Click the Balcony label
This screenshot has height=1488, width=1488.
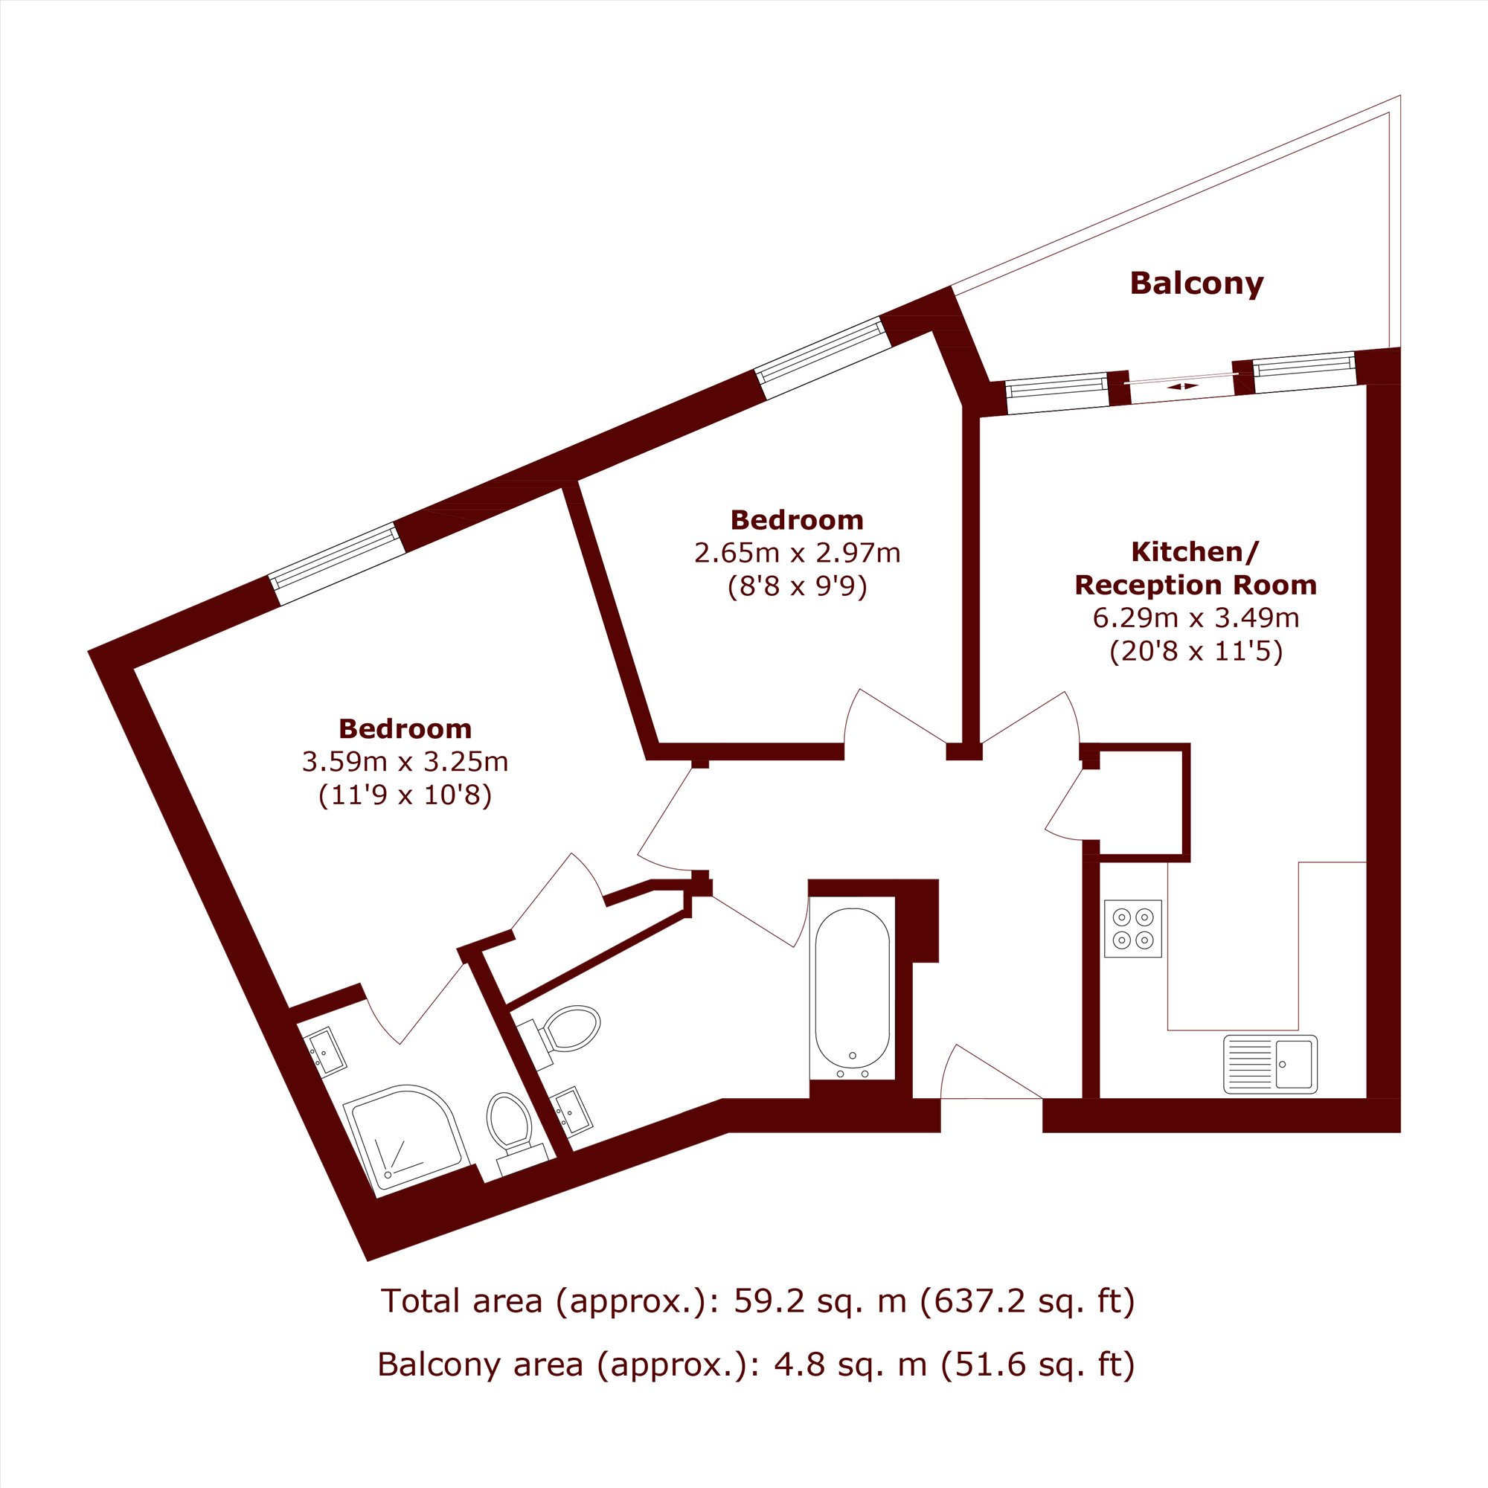pyautogui.click(x=1196, y=284)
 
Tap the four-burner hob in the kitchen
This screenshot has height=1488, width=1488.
pyautogui.click(x=1133, y=929)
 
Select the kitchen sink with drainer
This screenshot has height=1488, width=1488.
pyautogui.click(x=1270, y=1064)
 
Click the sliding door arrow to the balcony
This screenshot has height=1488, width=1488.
pyautogui.click(x=1182, y=386)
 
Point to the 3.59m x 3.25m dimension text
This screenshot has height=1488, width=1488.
pyautogui.click(x=405, y=762)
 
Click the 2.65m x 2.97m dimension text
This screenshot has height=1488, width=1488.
pyautogui.click(x=797, y=552)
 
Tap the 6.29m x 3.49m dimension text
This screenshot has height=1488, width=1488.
pyautogui.click(x=1196, y=618)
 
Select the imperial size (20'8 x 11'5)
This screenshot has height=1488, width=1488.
pyautogui.click(x=1196, y=652)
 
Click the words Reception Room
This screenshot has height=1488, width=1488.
pyautogui.click(x=1196, y=586)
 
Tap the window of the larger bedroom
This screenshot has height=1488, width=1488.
pyautogui.click(x=335, y=564)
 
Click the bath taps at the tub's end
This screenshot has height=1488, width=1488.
pyautogui.click(x=853, y=1071)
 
